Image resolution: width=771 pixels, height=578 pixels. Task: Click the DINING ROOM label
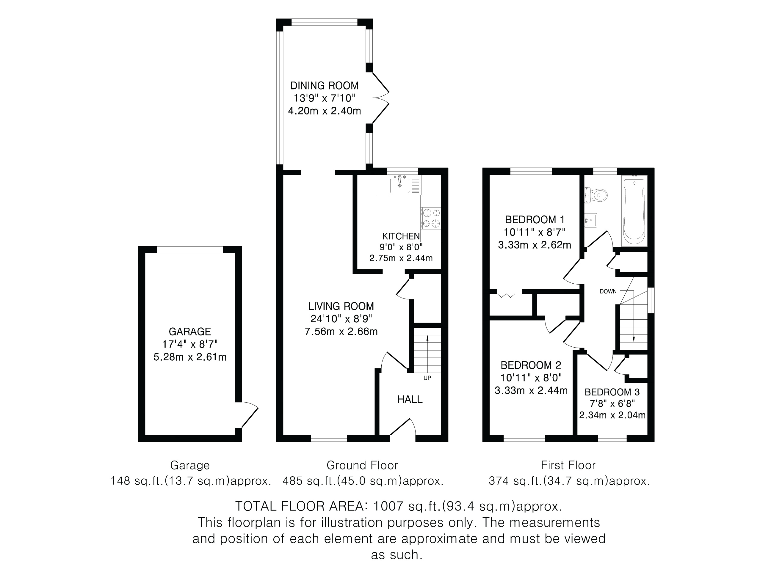pos(324,86)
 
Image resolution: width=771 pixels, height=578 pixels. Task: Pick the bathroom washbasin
pos(591,221)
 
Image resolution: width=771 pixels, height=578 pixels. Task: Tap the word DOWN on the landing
pos(608,291)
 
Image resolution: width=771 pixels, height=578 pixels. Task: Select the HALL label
pos(410,399)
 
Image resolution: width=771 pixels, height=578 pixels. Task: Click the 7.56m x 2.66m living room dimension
pos(341,331)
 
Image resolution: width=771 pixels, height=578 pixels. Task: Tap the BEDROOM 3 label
pos(612,392)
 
